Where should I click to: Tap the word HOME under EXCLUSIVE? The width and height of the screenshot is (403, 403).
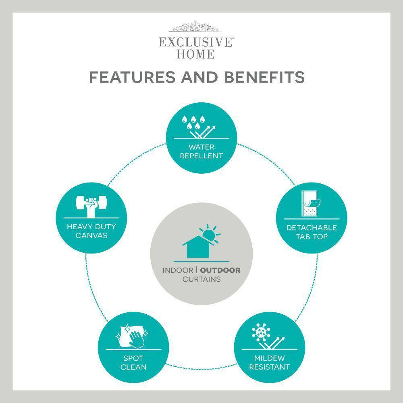pos(195,54)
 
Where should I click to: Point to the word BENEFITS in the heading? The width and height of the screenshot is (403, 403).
pos(264,77)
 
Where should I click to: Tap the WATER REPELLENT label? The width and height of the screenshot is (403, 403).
pos(201,152)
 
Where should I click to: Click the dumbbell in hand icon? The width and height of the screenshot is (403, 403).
pos(91,206)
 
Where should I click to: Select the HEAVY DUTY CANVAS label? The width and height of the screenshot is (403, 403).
pos(91,231)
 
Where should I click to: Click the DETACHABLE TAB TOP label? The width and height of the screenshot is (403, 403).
pos(312,232)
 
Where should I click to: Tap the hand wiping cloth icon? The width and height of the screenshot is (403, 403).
pos(132,336)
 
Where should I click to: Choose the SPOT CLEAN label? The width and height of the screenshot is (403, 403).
pos(133,363)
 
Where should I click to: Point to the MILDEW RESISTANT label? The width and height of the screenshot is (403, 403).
pos(269,362)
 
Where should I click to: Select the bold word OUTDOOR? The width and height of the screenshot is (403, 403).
pos(220,270)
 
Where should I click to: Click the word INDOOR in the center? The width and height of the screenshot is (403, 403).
pos(178,270)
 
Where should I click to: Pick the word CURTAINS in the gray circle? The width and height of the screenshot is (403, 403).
pos(201,279)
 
